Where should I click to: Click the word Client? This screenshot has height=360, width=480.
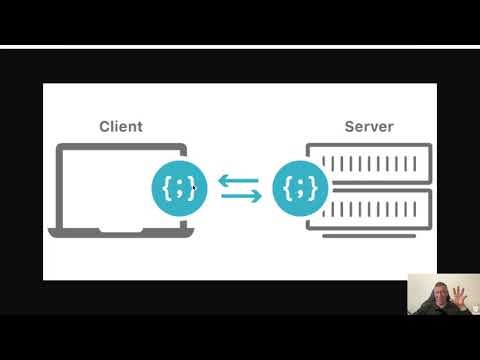tap(120, 127)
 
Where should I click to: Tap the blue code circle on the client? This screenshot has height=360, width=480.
tap(179, 185)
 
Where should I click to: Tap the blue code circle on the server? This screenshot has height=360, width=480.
tap(301, 185)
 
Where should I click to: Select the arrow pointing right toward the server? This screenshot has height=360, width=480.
tap(240, 195)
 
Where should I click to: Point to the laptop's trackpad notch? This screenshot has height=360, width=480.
tap(120, 230)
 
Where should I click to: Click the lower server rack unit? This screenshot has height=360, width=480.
tap(370, 209)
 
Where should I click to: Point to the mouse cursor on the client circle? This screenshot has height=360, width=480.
tap(192, 185)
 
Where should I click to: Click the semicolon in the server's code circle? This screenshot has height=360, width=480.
tap(301, 186)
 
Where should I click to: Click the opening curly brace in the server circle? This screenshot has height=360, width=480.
tap(289, 186)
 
